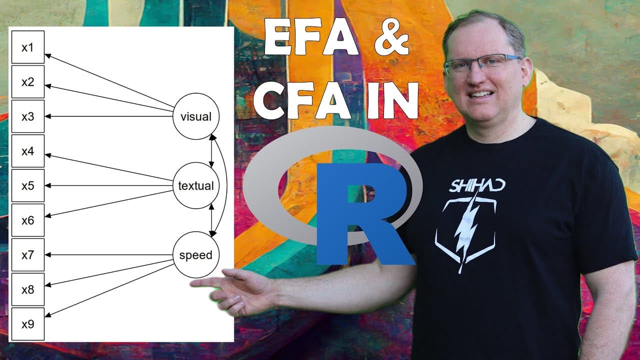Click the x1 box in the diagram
(28, 47)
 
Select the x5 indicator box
(28, 185)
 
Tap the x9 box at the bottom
(28, 324)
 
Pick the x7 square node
(28, 254)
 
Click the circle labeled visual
(196, 116)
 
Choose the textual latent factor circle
(196, 185)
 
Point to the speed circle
(196, 255)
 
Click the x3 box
(28, 116)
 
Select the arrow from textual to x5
(109, 185)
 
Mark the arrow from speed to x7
(109, 254)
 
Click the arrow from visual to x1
(109, 80)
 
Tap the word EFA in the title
(311, 36)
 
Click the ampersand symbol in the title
(391, 37)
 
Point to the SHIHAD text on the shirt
(477, 185)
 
